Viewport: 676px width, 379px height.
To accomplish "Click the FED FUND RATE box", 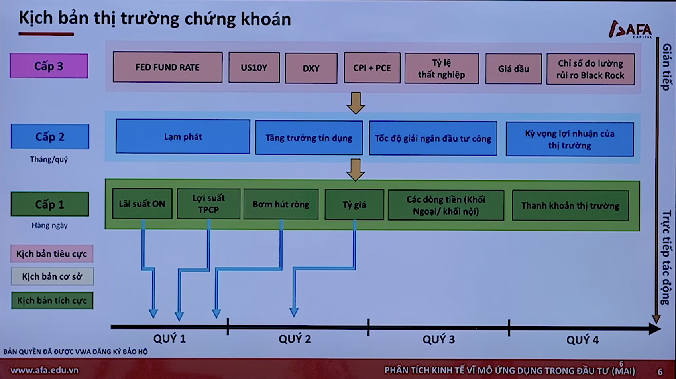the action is coord(167,67).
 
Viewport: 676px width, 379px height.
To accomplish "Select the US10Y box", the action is coord(254,68).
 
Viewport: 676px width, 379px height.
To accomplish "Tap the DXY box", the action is coord(311,68).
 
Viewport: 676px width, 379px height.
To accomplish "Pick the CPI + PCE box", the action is coord(372,68).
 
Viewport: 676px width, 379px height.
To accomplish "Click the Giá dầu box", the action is coord(513,69).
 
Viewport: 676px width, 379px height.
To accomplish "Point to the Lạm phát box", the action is coord(183,136).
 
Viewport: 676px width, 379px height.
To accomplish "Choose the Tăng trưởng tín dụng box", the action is coord(309,138).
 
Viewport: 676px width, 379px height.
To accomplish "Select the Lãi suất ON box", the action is coord(142,204).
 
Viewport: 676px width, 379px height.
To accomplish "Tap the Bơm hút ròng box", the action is coord(281,204).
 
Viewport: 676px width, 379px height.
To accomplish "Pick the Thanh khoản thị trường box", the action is coord(570,205).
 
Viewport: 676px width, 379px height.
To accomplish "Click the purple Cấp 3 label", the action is coord(49,66).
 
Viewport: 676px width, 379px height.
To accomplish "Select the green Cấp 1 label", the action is coord(50,204).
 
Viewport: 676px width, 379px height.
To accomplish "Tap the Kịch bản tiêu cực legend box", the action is coord(52,254).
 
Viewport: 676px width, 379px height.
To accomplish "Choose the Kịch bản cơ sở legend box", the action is coord(52,276).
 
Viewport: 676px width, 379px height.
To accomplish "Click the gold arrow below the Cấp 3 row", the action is coord(356,103).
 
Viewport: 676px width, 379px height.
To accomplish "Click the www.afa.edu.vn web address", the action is coord(44,370).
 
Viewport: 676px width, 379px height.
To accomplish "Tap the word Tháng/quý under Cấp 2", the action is coord(49,160).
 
